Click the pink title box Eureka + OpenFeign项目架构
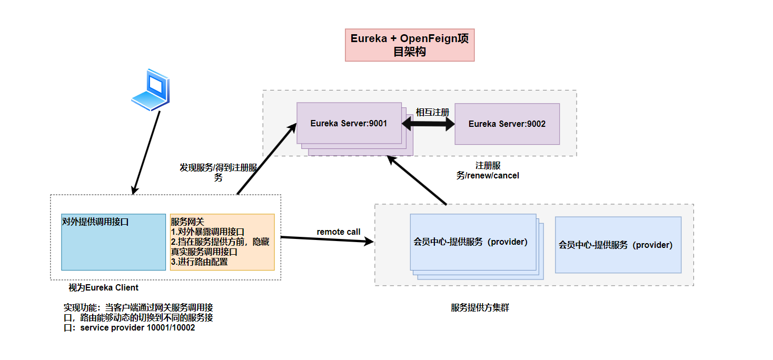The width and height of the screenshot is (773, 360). tap(410, 45)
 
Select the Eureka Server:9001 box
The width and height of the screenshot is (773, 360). tap(349, 124)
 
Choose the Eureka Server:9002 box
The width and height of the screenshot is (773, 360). tap(507, 124)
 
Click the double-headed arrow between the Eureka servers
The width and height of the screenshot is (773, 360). tap(428, 124)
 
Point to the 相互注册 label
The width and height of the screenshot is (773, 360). tap(432, 112)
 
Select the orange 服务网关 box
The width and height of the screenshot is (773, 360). tap(222, 242)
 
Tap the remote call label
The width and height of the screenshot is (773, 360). tap(339, 232)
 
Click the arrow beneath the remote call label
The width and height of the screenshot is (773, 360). tap(326, 239)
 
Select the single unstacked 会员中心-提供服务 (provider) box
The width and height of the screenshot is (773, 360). tap(618, 245)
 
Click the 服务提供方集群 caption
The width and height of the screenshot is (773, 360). tap(480, 308)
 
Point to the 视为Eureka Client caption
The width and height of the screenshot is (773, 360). tap(104, 287)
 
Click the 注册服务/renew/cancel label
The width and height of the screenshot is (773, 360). tap(488, 171)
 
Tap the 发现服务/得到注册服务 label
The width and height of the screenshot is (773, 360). tap(218, 173)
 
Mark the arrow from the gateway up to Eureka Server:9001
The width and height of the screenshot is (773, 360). tap(266, 158)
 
